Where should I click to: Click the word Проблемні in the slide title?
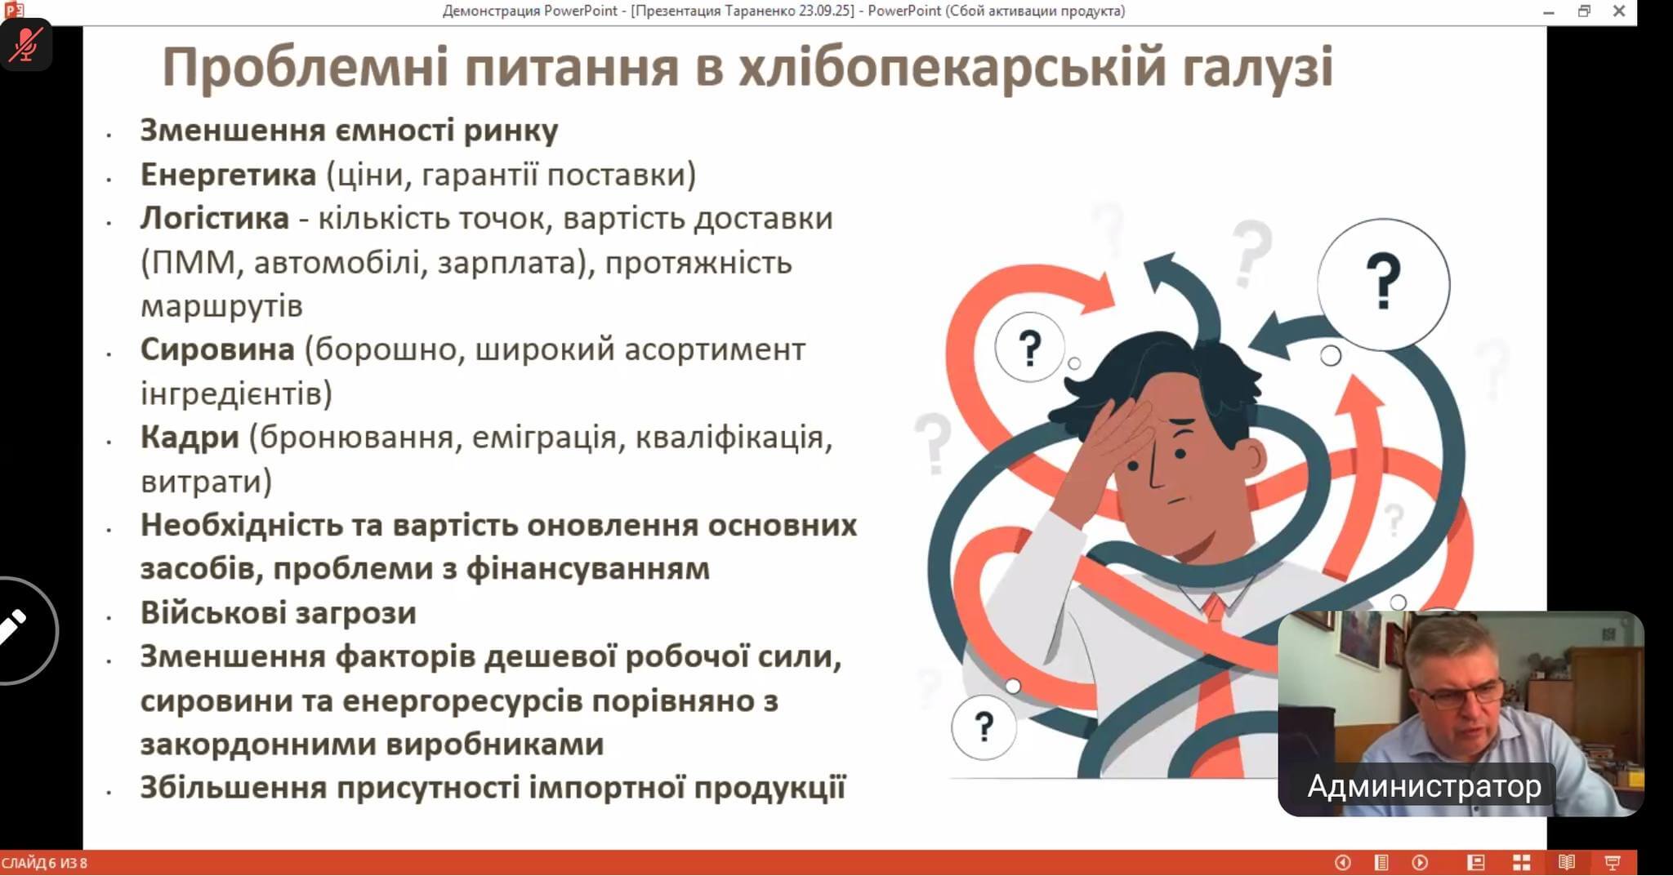click(306, 68)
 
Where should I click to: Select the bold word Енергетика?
click(228, 174)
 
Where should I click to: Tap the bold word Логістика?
click(214, 218)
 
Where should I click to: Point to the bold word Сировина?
click(217, 349)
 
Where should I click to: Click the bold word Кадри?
click(190, 438)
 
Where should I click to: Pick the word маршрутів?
click(221, 307)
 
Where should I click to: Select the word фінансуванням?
click(587, 569)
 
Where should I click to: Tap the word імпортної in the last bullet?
click(607, 788)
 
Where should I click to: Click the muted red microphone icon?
click(26, 45)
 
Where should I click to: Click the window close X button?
click(1618, 11)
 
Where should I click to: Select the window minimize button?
click(1548, 12)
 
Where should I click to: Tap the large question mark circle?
click(1383, 283)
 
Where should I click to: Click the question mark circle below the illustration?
click(984, 727)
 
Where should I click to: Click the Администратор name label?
click(1424, 786)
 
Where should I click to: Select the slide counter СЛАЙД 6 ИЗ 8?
click(44, 863)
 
